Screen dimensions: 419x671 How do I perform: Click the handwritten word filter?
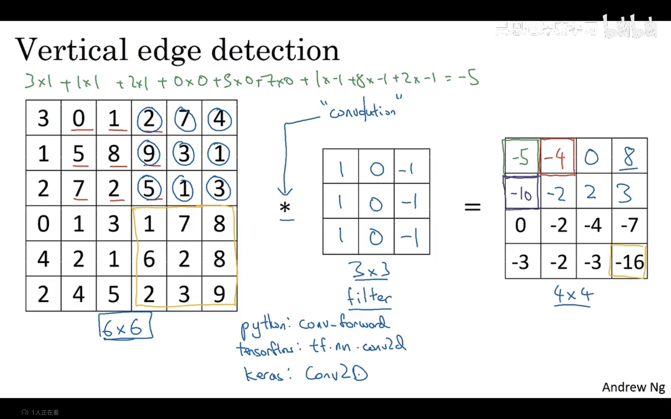369,297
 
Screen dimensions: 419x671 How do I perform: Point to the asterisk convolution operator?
285,207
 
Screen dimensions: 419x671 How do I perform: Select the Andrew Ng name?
633,387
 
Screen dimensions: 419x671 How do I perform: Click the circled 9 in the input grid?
149,153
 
